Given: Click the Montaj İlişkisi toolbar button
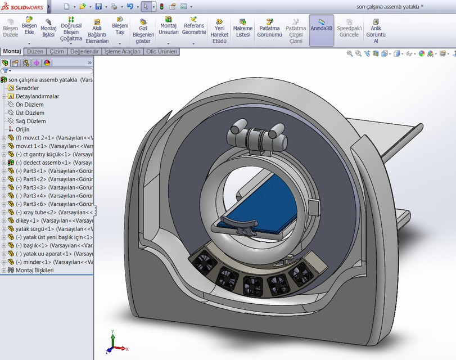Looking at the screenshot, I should click(x=49, y=28).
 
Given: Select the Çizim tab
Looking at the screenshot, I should click(x=57, y=52).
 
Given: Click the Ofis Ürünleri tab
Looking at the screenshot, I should click(x=161, y=52).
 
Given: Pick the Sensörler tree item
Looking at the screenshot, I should click(x=27, y=88).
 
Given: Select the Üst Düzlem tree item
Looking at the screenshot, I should click(x=30, y=113).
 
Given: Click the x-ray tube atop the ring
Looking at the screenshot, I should click(x=257, y=136).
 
